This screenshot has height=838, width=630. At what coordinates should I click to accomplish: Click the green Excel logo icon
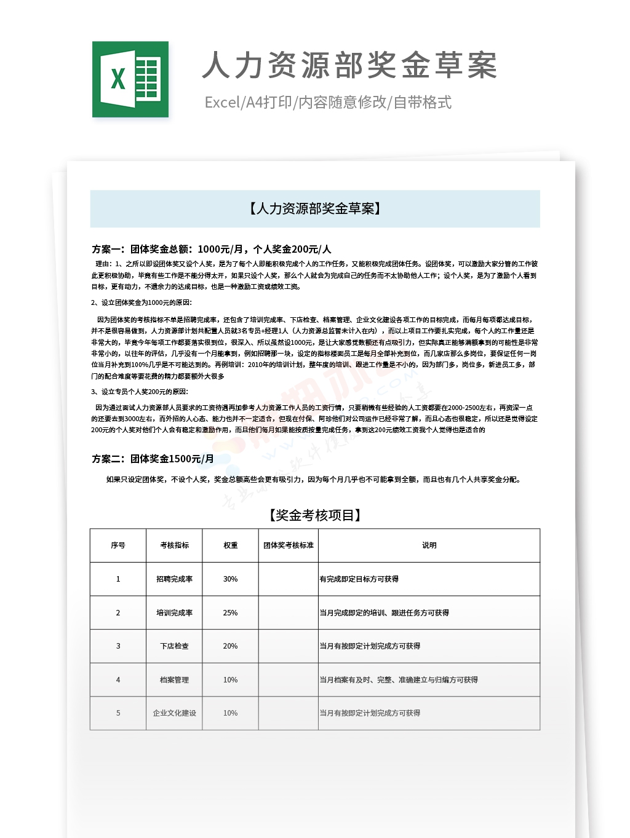tap(130, 79)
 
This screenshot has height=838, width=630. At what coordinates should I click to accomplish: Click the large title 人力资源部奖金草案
tap(349, 65)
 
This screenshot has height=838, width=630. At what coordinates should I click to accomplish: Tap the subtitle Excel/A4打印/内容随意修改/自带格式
tap(328, 102)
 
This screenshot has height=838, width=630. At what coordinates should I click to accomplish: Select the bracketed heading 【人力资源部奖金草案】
tap(315, 209)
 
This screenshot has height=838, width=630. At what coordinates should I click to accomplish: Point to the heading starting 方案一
tap(211, 249)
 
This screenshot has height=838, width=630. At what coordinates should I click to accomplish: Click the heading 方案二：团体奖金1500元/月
tap(153, 459)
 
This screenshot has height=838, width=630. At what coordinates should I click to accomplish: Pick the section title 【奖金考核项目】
tap(315, 515)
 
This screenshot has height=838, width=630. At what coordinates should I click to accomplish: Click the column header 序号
tap(118, 545)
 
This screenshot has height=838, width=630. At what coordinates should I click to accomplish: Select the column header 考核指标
tap(174, 545)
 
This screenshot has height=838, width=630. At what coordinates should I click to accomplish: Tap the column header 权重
tap(230, 545)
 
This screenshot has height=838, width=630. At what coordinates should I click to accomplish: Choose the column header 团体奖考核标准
tap(288, 545)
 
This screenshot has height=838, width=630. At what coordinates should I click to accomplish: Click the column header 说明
tap(429, 545)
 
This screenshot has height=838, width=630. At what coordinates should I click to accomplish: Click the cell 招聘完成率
tap(174, 579)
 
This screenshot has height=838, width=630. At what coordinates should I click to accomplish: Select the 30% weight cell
tap(230, 579)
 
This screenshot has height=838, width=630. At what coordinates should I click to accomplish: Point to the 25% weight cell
tap(230, 613)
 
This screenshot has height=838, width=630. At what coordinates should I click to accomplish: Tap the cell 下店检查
tap(174, 646)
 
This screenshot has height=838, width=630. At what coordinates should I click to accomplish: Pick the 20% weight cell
tap(230, 646)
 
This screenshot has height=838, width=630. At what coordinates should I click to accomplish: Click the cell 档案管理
tap(174, 680)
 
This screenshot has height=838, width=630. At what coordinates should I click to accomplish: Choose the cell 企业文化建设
tap(174, 713)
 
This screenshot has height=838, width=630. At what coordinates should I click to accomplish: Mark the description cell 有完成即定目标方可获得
tap(359, 579)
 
